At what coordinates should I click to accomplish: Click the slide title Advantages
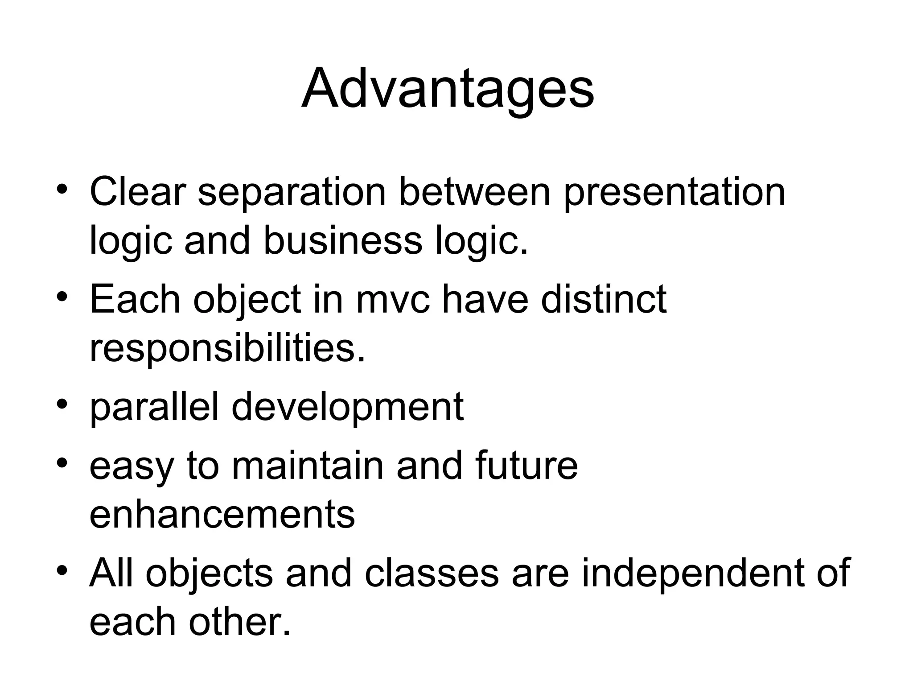coord(448,88)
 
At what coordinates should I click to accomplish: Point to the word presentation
coord(674,193)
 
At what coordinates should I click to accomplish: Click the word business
coord(343,241)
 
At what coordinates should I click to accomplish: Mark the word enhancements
coord(222,515)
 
